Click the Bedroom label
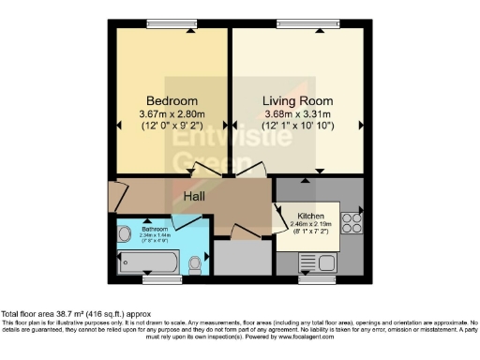[x=172, y=100]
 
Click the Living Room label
[x=296, y=100]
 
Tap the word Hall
[x=194, y=197]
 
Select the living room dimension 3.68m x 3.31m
[x=296, y=113]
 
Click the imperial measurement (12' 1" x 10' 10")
[x=296, y=126]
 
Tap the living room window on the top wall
[x=303, y=25]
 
